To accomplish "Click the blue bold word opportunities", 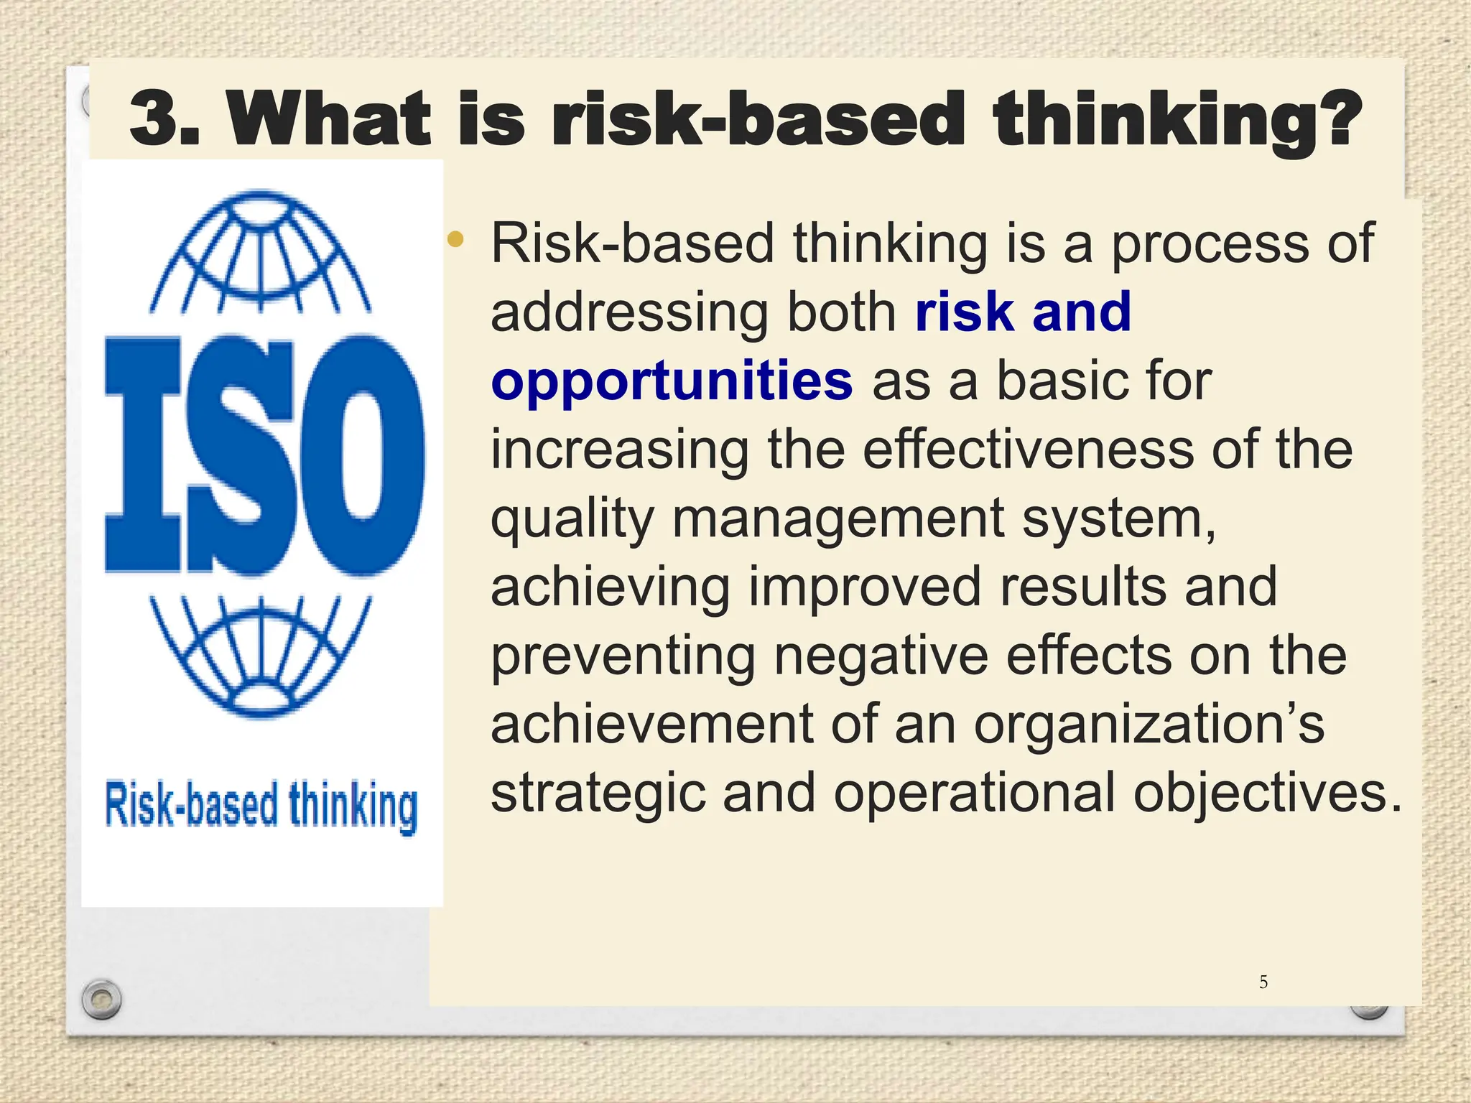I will (x=672, y=381).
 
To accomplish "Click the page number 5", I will (x=1263, y=982).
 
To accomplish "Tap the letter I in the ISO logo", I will (x=144, y=456).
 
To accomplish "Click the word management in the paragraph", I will (x=837, y=518).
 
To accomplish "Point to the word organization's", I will (x=1149, y=725).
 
